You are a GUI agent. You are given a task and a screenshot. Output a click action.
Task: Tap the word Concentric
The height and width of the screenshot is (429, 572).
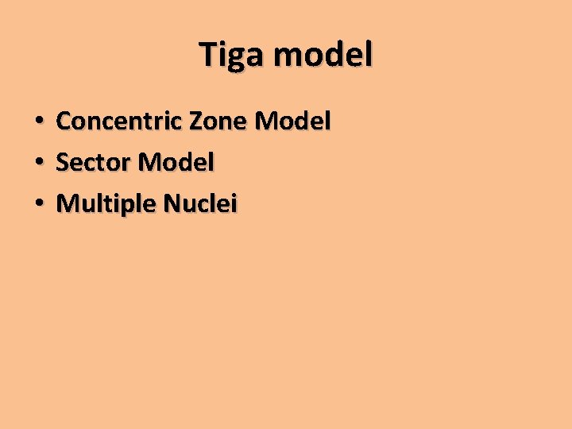point(120,122)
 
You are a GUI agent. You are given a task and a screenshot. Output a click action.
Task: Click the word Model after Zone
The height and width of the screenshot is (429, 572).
point(292,122)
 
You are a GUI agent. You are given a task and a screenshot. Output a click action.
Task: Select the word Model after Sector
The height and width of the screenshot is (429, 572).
point(176,163)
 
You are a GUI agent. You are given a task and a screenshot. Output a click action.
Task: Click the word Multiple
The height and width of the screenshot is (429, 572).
point(106,204)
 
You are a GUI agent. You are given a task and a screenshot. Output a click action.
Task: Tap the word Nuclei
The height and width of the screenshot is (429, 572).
point(200,204)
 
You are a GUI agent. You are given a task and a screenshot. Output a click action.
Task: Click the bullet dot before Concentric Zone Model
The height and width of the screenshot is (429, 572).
point(38,122)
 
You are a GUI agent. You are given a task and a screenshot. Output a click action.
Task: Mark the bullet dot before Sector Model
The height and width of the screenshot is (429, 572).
point(38,164)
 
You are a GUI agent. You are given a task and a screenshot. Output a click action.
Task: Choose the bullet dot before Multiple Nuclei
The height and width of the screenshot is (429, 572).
point(38,205)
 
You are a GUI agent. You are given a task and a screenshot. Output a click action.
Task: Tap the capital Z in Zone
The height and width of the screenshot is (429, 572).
point(196,122)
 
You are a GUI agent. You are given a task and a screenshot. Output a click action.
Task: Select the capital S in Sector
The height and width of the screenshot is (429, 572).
point(63,163)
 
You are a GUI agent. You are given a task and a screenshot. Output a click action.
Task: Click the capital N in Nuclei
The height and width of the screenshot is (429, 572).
point(172,204)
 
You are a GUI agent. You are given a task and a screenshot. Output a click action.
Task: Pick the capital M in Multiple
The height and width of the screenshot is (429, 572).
point(68,204)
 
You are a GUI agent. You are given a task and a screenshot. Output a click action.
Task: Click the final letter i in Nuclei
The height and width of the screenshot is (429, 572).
point(234,203)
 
